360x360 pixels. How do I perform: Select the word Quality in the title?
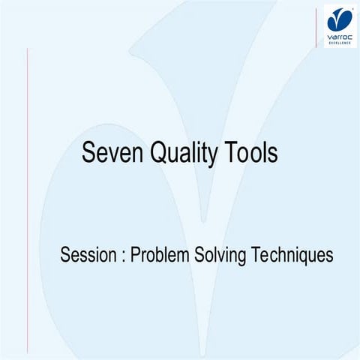tap(184, 154)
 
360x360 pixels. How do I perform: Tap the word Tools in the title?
tap(250, 154)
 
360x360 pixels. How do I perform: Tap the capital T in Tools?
tap(229, 154)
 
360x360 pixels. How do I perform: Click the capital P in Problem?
tap(135, 254)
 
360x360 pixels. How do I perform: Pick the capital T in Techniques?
tap(254, 254)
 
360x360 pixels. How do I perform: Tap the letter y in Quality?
tap(214, 156)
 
